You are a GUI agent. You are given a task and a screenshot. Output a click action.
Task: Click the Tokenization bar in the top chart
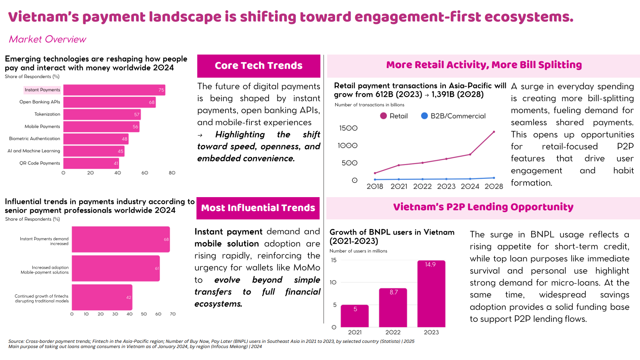pyautogui.click(x=102, y=114)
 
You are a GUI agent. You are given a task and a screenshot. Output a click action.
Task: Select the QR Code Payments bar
pyautogui.click(x=91, y=163)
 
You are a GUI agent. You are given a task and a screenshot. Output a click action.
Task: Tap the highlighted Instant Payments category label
pyautogui.click(x=42, y=90)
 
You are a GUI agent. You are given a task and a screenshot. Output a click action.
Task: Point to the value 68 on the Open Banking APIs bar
pyautogui.click(x=152, y=102)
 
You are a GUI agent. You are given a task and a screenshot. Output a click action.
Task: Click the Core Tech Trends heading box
pyautogui.click(x=259, y=66)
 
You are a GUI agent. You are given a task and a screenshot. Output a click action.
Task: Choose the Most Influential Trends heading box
pyautogui.click(x=258, y=208)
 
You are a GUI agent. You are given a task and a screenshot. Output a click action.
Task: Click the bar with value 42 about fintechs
pyautogui.click(x=102, y=297)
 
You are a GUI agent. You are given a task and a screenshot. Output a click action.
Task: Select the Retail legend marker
pyautogui.click(x=383, y=116)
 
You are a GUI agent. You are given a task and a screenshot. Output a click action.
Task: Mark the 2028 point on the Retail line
pyautogui.click(x=494, y=132)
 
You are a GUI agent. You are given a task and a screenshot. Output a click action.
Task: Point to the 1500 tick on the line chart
pyautogui.click(x=348, y=128)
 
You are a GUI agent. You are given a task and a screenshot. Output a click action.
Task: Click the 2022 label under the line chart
pyautogui.click(x=422, y=186)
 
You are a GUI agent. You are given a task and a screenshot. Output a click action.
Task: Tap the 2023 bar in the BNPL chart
pyautogui.click(x=431, y=293)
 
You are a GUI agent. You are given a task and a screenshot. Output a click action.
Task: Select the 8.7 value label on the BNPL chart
pyautogui.click(x=394, y=292)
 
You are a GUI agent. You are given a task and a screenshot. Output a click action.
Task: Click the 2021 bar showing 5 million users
pyautogui.click(x=355, y=316)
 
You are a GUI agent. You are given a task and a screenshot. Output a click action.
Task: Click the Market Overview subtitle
pyautogui.click(x=47, y=39)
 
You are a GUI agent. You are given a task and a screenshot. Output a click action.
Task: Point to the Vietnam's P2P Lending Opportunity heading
pyautogui.click(x=483, y=207)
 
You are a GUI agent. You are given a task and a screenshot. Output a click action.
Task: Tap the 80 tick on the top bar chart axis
pyautogui.click(x=172, y=173)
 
